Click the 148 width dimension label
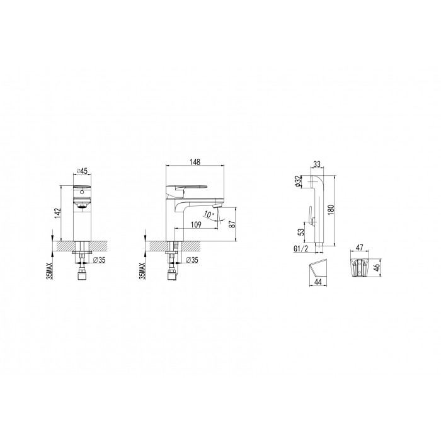[195, 162]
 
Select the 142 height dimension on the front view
[57, 213]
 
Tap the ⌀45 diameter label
[82, 171]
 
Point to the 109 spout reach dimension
[196, 224]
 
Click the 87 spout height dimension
[232, 224]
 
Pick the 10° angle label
[209, 215]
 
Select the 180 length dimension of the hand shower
[331, 210]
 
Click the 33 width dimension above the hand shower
[317, 164]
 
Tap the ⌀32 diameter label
[298, 181]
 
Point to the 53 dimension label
[301, 232]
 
